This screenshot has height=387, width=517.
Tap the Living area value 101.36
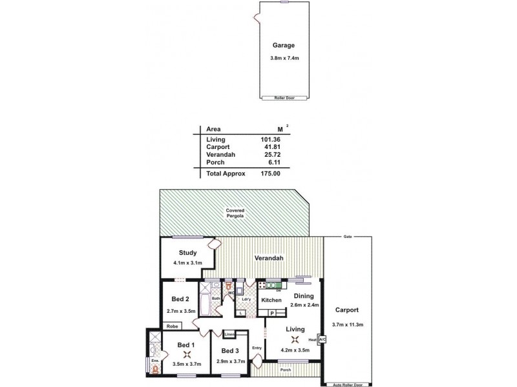(269, 139)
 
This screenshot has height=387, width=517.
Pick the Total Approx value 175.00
(269, 174)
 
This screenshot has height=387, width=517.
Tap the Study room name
(187, 253)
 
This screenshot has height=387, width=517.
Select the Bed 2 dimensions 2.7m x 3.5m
(180, 311)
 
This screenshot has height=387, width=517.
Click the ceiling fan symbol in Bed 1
(187, 354)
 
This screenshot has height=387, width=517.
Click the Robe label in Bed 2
(173, 327)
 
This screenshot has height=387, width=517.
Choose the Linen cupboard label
(230, 335)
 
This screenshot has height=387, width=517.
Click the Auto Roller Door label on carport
(348, 384)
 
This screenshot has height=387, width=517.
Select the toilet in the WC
(227, 286)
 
